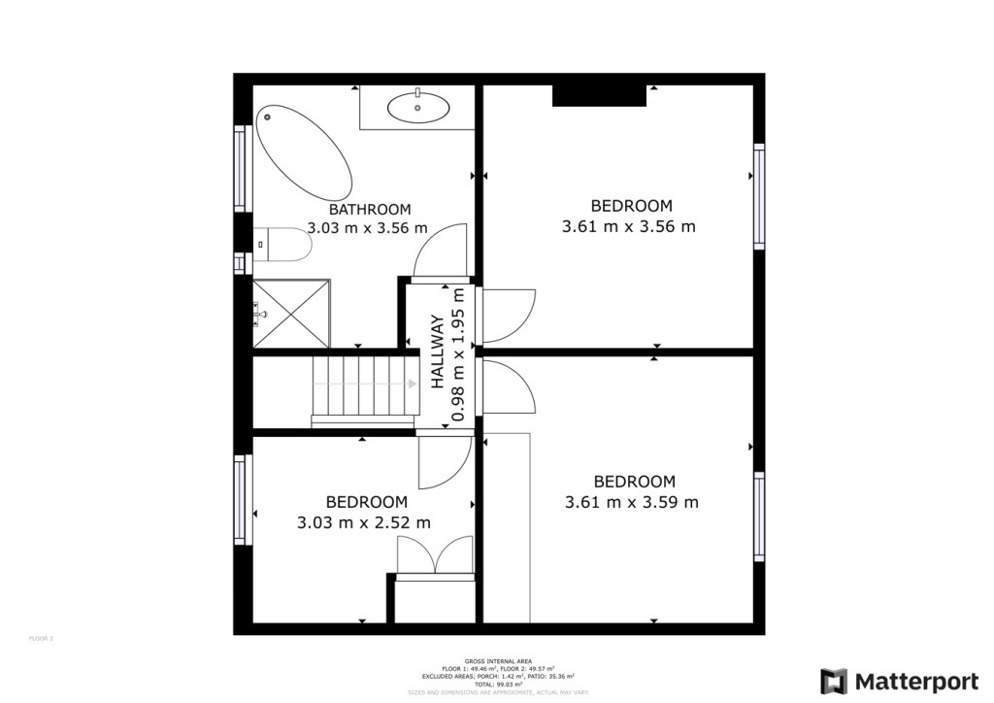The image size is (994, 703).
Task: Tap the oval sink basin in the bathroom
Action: [x=418, y=107]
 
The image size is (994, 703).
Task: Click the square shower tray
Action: [x=291, y=313]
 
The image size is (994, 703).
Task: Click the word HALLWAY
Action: [x=438, y=352]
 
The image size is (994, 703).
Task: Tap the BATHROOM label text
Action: [x=369, y=209]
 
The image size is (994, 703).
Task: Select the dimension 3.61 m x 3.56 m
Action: [x=629, y=226]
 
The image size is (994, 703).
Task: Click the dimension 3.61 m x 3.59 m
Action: [x=631, y=502]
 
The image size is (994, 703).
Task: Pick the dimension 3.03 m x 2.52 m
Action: [x=364, y=522]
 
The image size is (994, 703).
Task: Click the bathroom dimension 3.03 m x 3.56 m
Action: [x=367, y=229]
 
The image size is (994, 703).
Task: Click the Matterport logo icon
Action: [x=834, y=681]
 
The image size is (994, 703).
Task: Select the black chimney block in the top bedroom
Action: [x=599, y=95]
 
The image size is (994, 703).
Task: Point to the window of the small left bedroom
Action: [x=240, y=499]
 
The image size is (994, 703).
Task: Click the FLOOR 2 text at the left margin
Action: [x=40, y=639]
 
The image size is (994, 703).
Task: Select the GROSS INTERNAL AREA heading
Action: [x=497, y=659]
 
